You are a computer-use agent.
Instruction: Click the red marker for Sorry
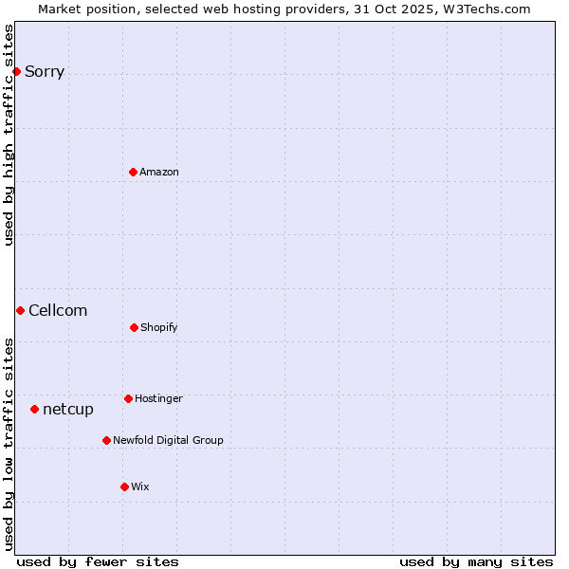click(16, 71)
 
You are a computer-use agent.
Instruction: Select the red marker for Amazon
click(133, 172)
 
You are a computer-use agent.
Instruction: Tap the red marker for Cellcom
click(20, 310)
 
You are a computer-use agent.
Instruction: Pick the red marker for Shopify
click(134, 327)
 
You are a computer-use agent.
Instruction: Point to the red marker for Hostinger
click(128, 398)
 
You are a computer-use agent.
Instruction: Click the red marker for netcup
click(34, 409)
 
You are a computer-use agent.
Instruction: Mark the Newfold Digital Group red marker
click(106, 440)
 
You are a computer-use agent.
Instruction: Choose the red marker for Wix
click(124, 486)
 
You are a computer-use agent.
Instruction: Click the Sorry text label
click(45, 72)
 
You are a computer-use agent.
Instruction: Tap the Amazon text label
click(159, 172)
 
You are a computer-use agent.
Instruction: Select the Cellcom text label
click(58, 311)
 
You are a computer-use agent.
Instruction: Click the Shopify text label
click(159, 328)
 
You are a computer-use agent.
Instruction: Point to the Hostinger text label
click(158, 399)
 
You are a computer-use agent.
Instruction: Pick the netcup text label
click(68, 410)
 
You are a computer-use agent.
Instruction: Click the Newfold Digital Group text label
click(168, 441)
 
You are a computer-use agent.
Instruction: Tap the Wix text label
click(140, 487)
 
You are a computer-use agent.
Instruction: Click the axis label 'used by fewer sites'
click(98, 561)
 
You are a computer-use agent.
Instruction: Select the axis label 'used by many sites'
click(476, 561)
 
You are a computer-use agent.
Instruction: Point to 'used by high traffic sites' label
click(9, 135)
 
